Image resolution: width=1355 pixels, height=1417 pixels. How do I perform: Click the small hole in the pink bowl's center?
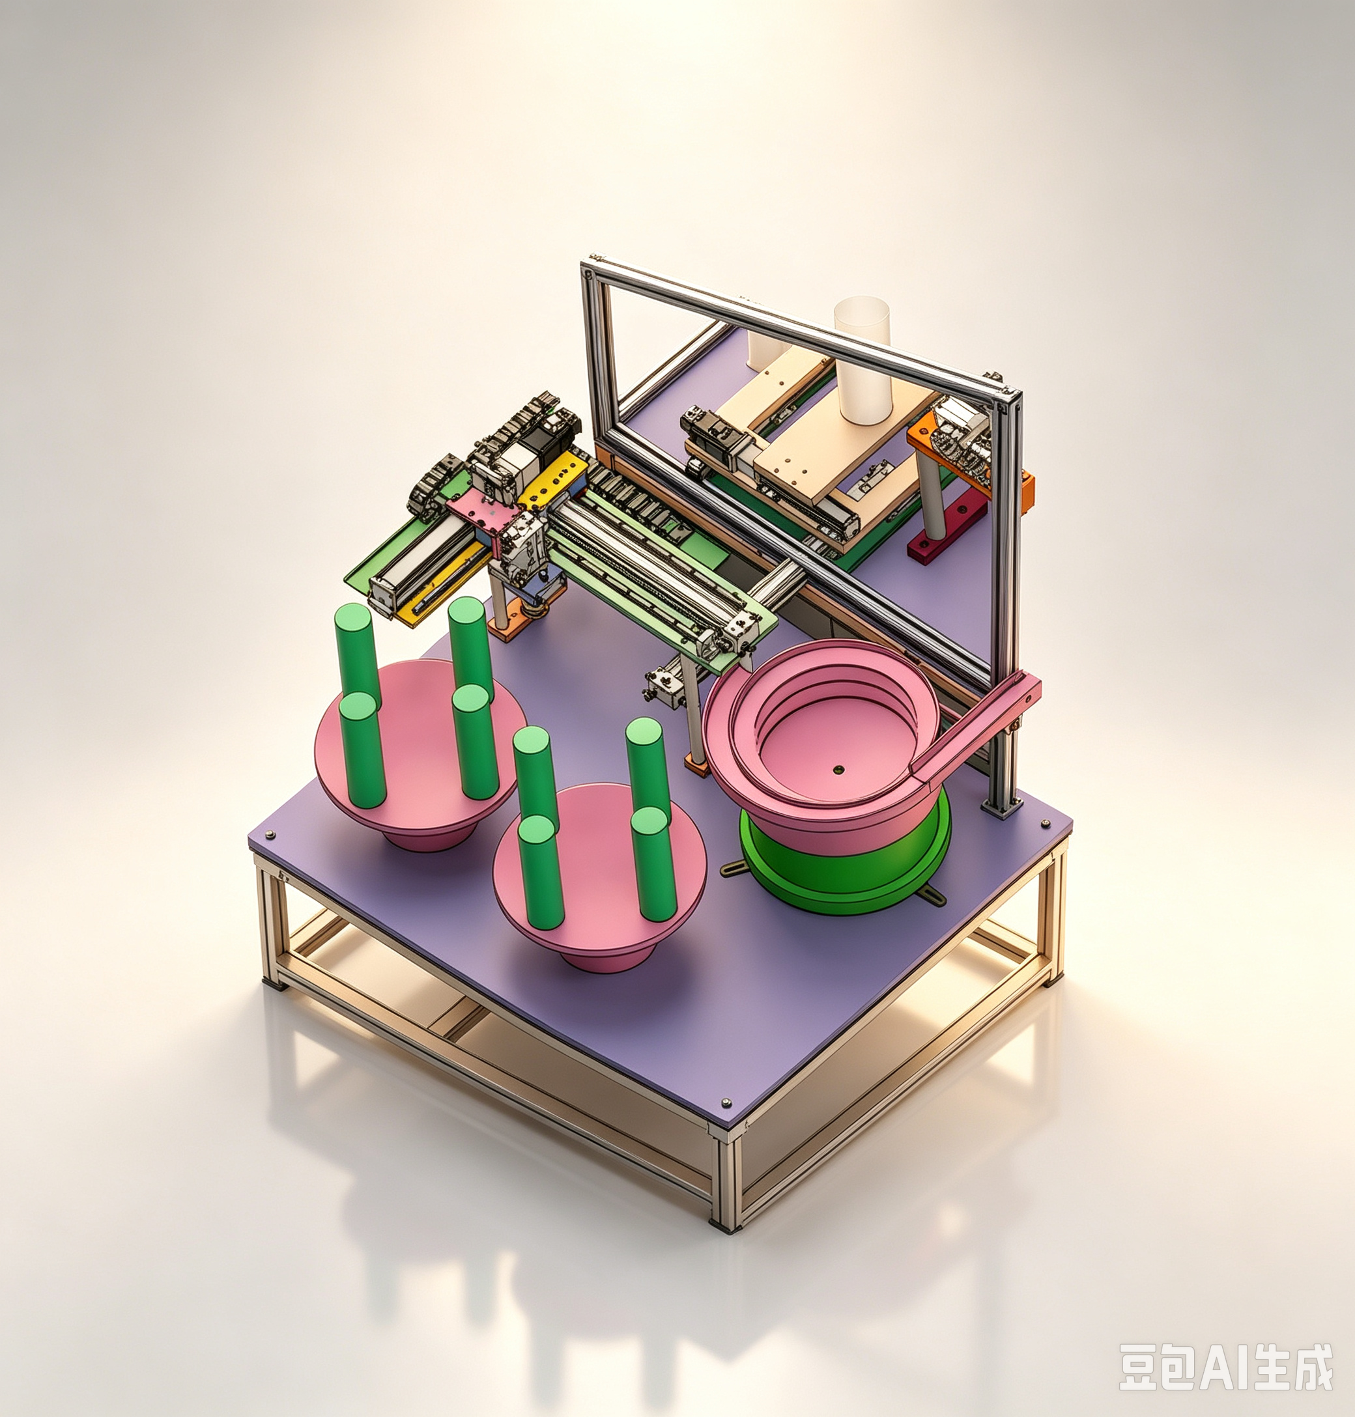pos(837,770)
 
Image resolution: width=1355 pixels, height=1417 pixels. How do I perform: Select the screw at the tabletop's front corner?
pos(726,1103)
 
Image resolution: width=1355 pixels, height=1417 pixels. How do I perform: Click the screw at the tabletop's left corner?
pos(271,835)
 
